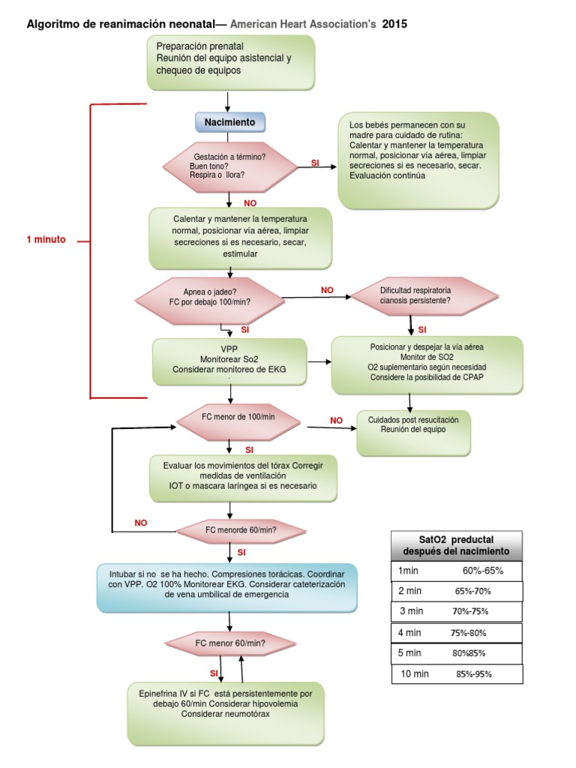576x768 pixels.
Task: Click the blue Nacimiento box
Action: (230, 122)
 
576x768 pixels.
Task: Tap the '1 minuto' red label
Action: (46, 239)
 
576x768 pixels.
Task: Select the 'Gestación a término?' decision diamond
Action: (230, 166)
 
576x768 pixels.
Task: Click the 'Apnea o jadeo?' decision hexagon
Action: (210, 301)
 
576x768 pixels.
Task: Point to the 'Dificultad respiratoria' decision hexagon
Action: (424, 295)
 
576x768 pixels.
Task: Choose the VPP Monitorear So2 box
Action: (229, 361)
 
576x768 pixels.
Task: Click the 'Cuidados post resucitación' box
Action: (413, 433)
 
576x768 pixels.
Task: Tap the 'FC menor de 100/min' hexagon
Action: (238, 421)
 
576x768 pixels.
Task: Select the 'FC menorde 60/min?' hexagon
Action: (241, 530)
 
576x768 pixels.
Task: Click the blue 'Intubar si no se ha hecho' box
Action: (226, 588)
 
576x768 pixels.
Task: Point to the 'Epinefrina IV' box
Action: (226, 713)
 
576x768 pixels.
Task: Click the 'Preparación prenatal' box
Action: (231, 62)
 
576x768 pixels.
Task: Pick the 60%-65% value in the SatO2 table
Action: (483, 571)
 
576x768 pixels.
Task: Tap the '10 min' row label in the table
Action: (414, 674)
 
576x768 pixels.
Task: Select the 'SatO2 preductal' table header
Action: (457, 546)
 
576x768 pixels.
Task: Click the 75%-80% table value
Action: (468, 633)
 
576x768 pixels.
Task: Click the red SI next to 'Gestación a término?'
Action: (315, 163)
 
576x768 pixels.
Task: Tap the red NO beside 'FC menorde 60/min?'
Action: (140, 523)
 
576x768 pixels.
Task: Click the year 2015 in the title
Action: (394, 24)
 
